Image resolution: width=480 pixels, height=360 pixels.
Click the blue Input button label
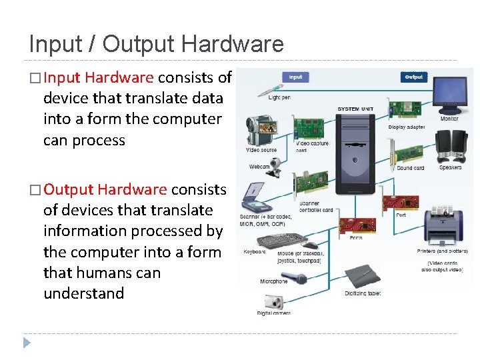click(x=295, y=77)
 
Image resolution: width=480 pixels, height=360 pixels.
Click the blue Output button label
click(x=413, y=77)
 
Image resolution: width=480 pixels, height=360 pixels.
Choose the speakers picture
click(x=450, y=147)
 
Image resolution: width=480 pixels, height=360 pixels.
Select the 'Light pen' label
click(x=279, y=97)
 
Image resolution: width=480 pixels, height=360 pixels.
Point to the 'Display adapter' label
click(x=407, y=127)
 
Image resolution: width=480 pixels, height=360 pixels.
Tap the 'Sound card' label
click(x=410, y=168)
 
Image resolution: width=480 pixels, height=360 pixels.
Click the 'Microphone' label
click(x=273, y=281)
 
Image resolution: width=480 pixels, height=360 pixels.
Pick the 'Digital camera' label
click(x=273, y=313)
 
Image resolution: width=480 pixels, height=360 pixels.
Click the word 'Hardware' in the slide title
click(x=232, y=44)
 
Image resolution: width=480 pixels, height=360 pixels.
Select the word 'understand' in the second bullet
click(x=83, y=293)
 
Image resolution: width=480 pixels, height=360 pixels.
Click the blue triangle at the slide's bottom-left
click(x=27, y=343)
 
